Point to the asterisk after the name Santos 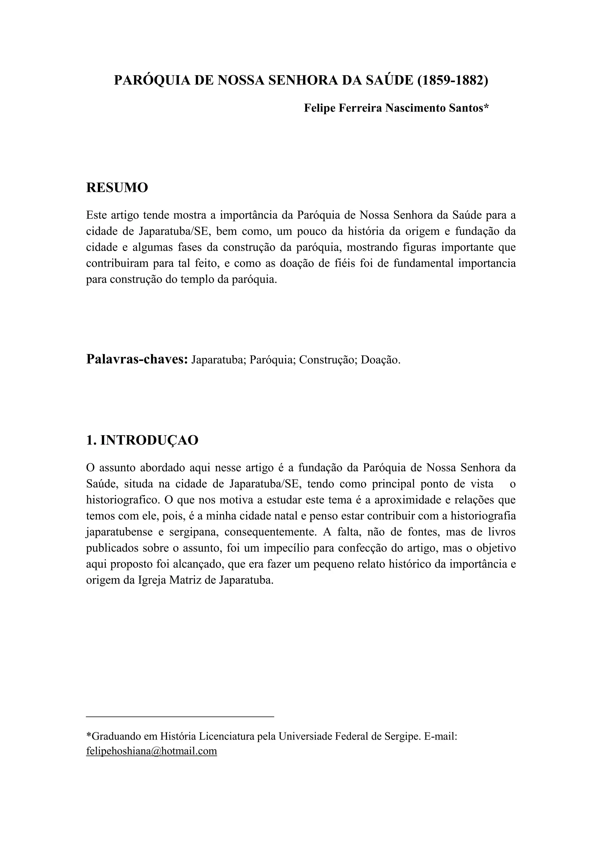tap(486, 107)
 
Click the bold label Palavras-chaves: tap(137, 359)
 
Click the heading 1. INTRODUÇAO tap(142, 440)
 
